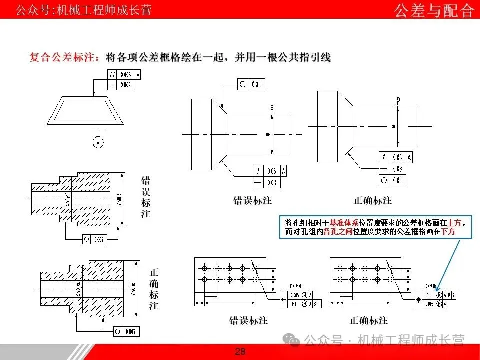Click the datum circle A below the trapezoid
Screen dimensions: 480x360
(x=98, y=142)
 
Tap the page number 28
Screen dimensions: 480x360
(x=240, y=352)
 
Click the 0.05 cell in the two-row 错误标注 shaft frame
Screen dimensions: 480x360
(x=271, y=171)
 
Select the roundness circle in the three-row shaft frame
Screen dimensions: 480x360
(x=384, y=180)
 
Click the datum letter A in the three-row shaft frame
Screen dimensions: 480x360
(x=409, y=157)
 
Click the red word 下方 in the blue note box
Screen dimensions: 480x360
(x=448, y=232)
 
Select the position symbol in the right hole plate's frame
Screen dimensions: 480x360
(x=419, y=299)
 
